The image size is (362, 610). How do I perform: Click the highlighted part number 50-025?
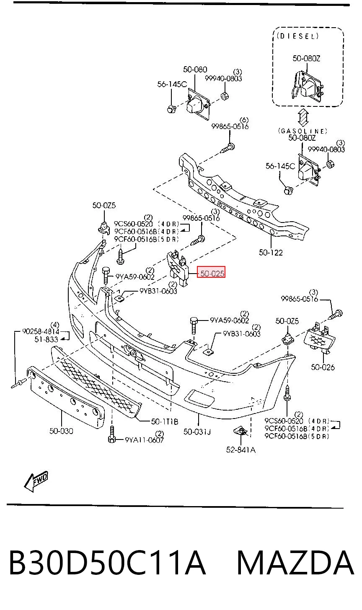212,273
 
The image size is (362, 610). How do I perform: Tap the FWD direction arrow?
36,481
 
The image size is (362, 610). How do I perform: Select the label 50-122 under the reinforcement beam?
271,253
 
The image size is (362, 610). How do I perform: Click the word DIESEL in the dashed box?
297,36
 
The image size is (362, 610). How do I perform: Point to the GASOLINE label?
303,131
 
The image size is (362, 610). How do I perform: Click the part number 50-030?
61,431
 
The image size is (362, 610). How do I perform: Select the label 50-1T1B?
165,421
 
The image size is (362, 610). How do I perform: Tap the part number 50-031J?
197,432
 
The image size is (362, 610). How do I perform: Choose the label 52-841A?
241,450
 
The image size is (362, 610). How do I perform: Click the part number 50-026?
323,367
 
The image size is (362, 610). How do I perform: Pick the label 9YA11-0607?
145,440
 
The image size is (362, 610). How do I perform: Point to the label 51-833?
47,339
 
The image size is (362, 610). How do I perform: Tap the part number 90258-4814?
41,331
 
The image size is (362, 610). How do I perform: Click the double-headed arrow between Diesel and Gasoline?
303,117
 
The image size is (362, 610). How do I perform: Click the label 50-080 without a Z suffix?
195,70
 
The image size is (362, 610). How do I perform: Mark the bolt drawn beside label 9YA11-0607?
112,434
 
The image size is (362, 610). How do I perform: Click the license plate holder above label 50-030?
65,397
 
